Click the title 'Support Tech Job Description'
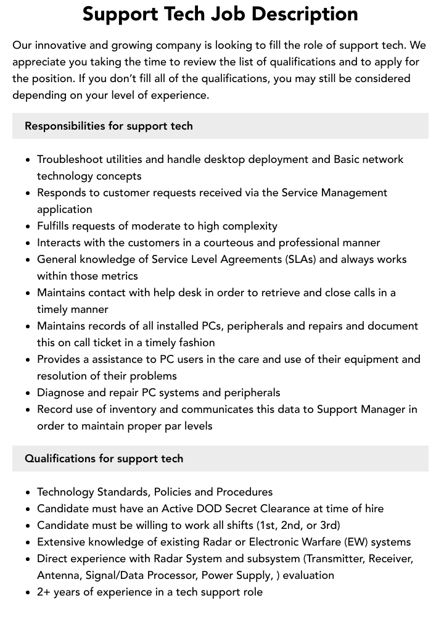coord(220,14)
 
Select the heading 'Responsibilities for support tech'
coord(109,126)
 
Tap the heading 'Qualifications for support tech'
coord(104,459)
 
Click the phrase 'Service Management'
coord(334,193)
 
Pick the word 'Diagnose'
coord(60,393)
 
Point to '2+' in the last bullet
coord(44,592)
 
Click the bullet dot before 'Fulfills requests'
coord(28,226)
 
